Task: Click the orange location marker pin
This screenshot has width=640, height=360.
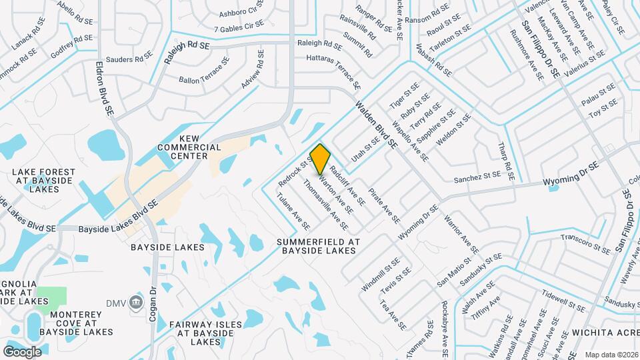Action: click(x=321, y=159)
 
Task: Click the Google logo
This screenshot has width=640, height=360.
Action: click(x=22, y=351)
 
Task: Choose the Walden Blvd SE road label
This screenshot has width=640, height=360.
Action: click(x=376, y=124)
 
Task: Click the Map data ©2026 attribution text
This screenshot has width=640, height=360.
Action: click(x=611, y=355)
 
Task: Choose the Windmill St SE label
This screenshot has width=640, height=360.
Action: click(x=380, y=275)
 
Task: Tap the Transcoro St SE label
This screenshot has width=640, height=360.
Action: click(x=585, y=243)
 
